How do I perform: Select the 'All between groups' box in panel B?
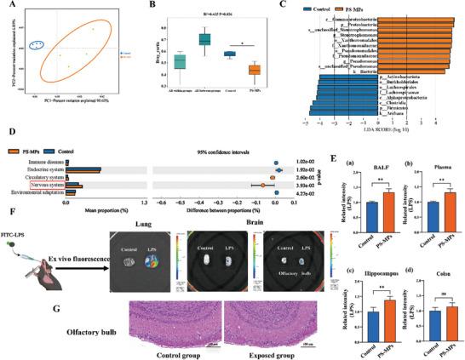pyautogui.click(x=204, y=39)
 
